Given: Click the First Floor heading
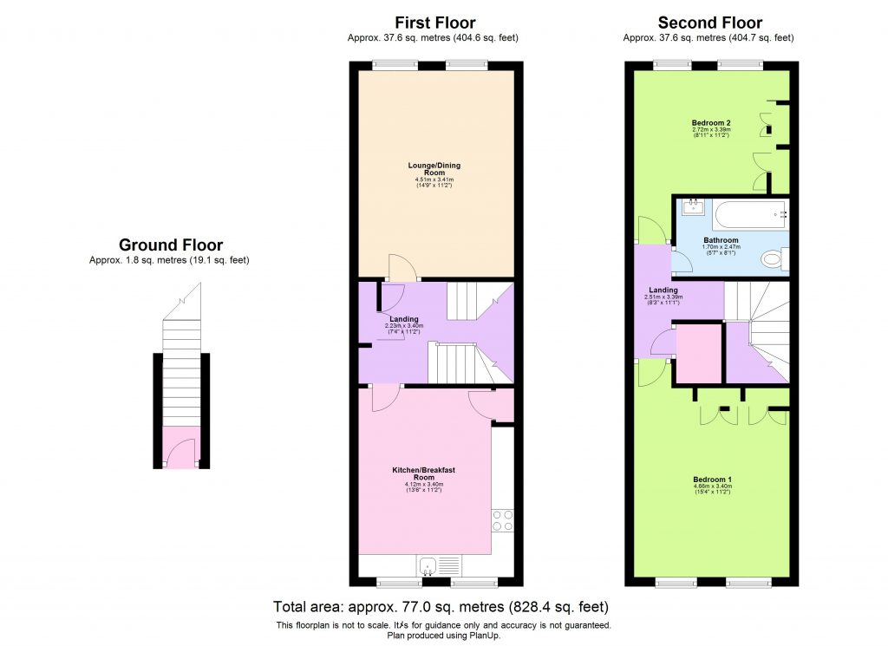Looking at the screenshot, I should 434,23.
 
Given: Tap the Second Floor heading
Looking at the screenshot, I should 710,23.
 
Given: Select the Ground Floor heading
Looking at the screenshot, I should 171,245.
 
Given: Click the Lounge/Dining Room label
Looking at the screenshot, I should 434,168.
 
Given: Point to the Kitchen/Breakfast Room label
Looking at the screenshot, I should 423,473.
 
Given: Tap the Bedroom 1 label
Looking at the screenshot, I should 713,479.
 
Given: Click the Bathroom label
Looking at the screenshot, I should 721,240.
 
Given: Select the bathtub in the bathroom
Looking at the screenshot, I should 751,212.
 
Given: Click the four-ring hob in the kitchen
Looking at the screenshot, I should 503,520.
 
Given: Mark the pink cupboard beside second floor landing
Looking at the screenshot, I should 698,353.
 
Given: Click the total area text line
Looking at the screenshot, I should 441,606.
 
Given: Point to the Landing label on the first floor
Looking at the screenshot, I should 404,319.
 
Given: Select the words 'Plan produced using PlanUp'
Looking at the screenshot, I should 443,636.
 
